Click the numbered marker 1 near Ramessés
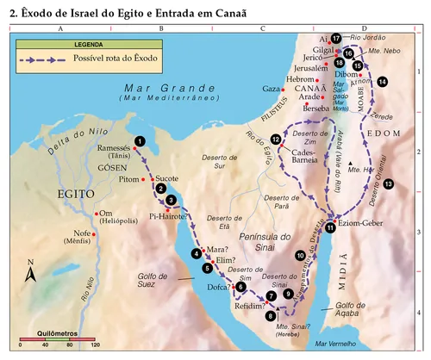click(140, 141)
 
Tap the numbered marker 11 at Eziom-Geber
click(330, 227)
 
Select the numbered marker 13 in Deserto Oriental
click(389, 184)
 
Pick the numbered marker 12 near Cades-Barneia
click(276, 140)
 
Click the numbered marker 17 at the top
click(336, 38)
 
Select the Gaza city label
click(271, 89)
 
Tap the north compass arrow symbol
click(30, 273)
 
